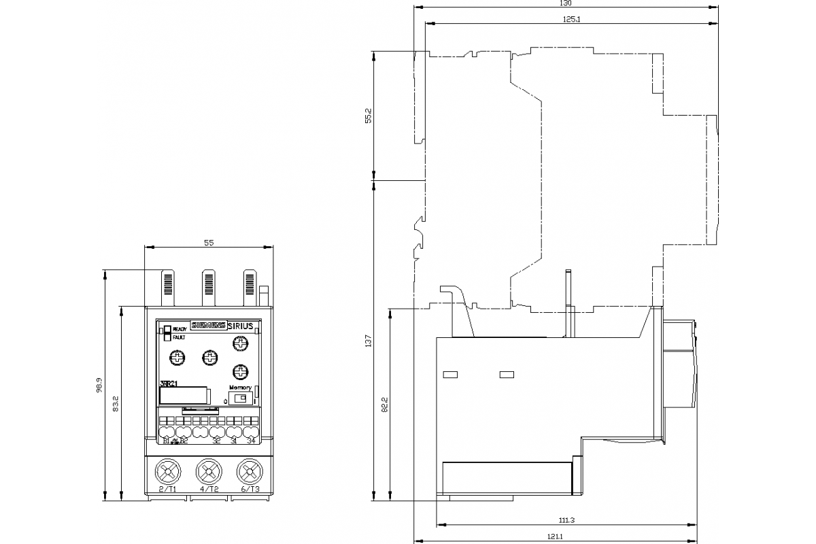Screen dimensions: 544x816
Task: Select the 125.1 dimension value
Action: point(571,18)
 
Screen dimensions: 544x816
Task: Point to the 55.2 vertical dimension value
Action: point(368,116)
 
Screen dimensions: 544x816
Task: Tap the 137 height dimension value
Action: point(368,341)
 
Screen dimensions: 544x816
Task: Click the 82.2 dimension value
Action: point(384,405)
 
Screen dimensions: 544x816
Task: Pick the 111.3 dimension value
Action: point(567,521)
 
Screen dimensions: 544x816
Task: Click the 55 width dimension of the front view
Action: point(209,243)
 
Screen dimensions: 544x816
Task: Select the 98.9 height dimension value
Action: point(99,386)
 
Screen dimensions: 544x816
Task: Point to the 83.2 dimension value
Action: point(116,404)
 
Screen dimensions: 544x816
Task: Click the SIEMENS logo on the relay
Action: point(208,326)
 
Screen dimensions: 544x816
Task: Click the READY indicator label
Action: point(180,329)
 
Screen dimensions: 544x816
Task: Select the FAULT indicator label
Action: point(179,337)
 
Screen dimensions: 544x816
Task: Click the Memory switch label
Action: point(240,387)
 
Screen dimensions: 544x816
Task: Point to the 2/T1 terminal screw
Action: point(167,471)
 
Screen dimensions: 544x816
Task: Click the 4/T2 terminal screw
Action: point(209,471)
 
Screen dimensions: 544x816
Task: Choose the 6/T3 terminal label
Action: point(250,489)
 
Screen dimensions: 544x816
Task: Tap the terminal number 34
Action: point(251,441)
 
